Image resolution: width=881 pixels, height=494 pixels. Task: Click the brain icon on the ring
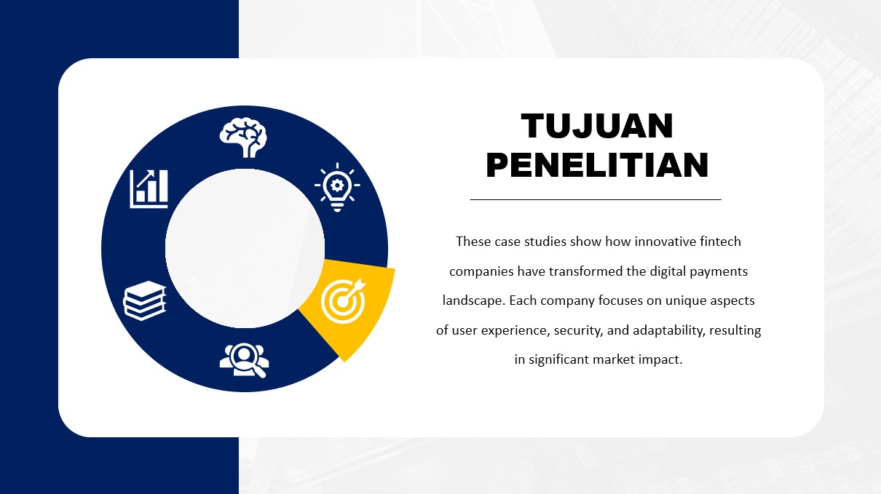(243, 138)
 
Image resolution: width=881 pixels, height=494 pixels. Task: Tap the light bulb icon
(337, 187)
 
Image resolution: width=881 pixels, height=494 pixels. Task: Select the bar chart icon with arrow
(149, 188)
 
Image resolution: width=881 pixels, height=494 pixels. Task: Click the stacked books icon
(145, 300)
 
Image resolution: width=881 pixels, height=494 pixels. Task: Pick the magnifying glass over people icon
(244, 360)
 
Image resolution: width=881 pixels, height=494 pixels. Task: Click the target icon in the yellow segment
(344, 301)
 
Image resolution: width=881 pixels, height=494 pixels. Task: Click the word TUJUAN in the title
(597, 126)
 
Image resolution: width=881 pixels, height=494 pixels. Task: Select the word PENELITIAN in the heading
(597, 165)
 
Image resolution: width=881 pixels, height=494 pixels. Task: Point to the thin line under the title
(596, 199)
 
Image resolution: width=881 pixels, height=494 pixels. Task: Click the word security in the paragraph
(578, 330)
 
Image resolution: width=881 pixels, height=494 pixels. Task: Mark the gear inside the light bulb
(337, 185)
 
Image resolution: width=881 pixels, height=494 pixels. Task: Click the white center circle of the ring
(245, 248)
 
